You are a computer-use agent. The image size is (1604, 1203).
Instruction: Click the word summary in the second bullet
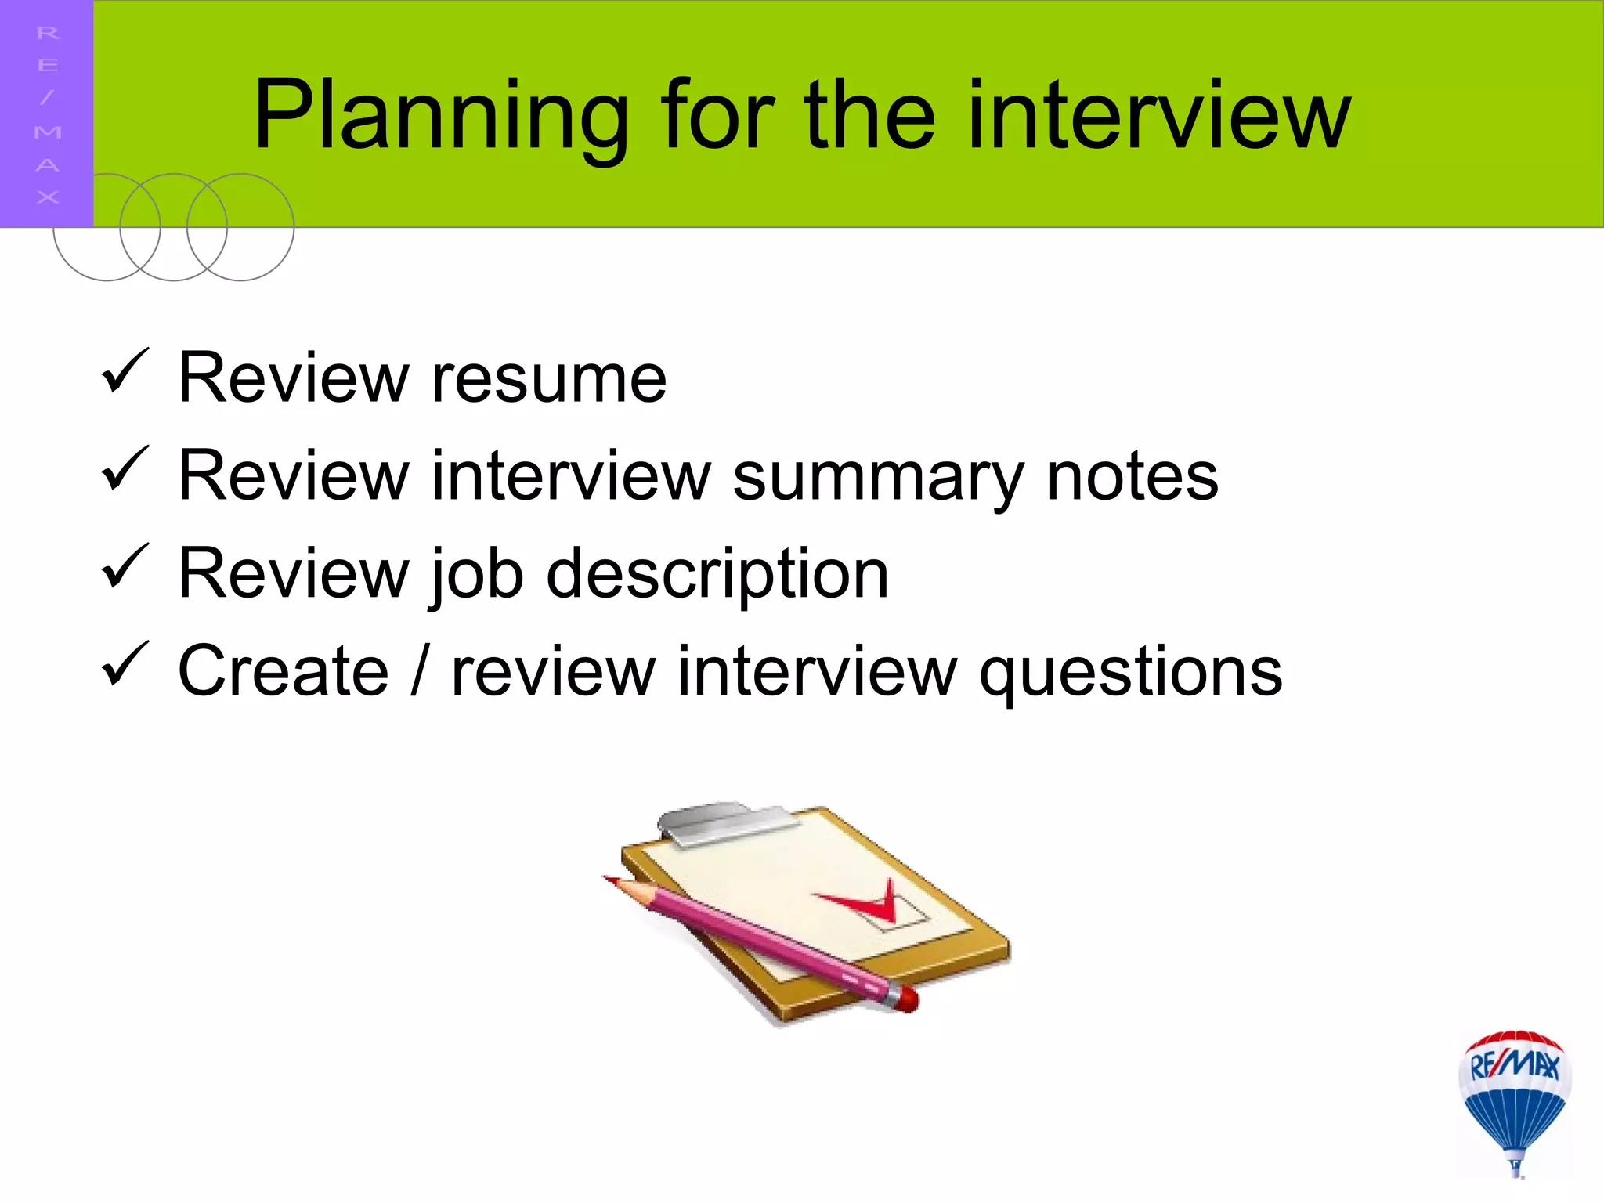click(x=878, y=478)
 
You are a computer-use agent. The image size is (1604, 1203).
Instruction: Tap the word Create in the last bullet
click(x=283, y=671)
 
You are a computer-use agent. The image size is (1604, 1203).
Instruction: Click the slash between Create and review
click(x=420, y=671)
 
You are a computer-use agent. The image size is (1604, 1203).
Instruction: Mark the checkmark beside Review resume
click(x=125, y=371)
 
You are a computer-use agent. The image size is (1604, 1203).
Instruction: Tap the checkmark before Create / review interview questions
click(x=125, y=663)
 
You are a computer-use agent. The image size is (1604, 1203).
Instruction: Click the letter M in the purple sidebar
click(x=47, y=132)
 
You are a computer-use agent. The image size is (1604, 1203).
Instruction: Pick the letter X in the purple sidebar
click(x=47, y=197)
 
